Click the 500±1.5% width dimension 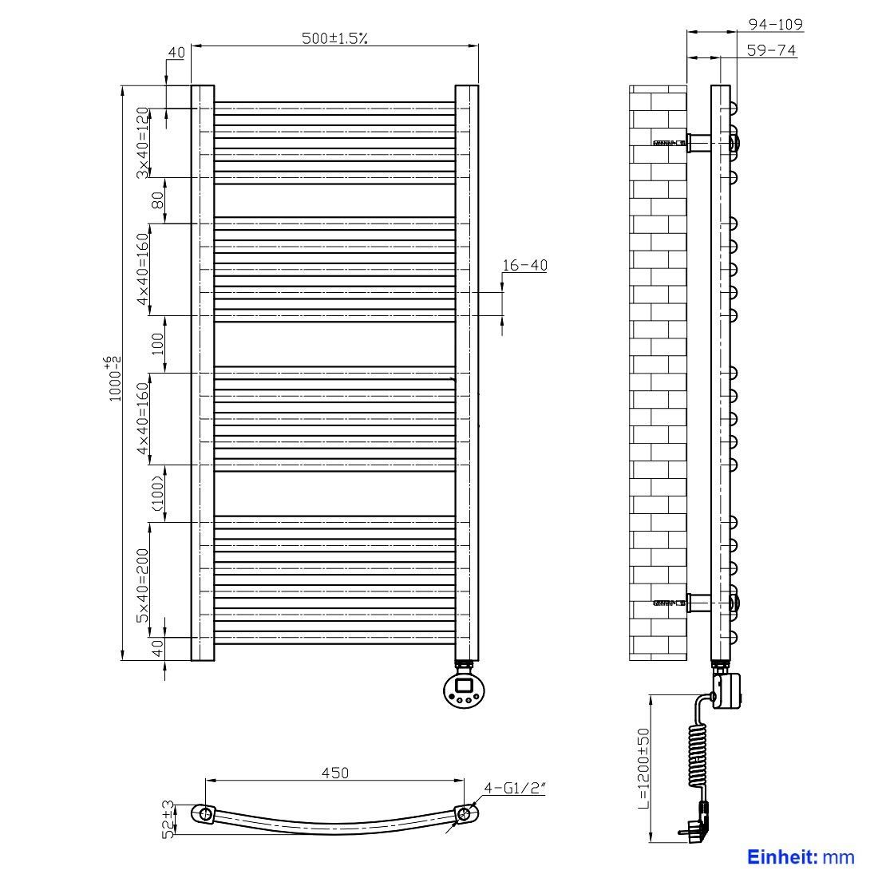(x=335, y=38)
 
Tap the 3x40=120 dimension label (x=144, y=142)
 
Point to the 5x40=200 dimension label (x=144, y=586)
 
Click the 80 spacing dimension (x=158, y=200)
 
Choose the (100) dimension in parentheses (x=158, y=493)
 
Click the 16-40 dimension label (x=524, y=265)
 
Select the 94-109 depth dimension (x=776, y=24)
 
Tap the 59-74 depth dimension (x=771, y=49)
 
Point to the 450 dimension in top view (x=335, y=773)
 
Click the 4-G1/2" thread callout (x=514, y=788)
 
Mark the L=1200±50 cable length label (x=643, y=768)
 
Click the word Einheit (x=781, y=856)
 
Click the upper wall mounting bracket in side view (x=699, y=143)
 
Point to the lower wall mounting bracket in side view (x=699, y=603)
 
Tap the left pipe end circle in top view (x=205, y=813)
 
